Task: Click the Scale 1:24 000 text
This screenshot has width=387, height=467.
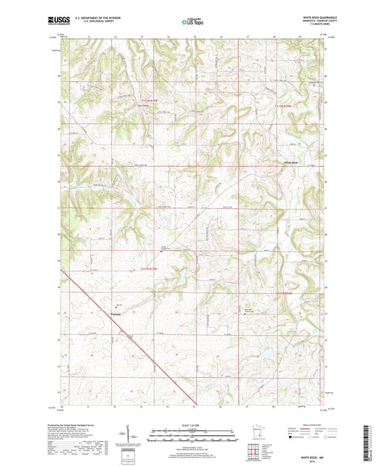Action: (x=193, y=425)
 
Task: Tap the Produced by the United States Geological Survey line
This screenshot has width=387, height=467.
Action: (x=83, y=425)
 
